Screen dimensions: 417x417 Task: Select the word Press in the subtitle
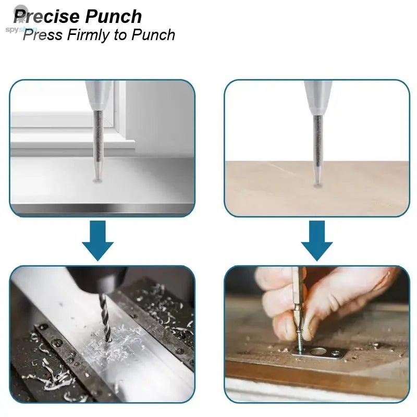point(42,35)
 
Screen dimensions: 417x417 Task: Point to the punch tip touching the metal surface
point(97,179)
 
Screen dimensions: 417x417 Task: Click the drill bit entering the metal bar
point(104,318)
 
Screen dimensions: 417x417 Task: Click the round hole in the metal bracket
point(317,351)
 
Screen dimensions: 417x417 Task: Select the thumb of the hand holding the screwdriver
point(284,323)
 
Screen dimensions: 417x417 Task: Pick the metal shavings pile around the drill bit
point(109,344)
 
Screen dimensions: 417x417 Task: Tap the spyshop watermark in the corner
point(21,29)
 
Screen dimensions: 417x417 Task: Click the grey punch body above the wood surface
point(317,96)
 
